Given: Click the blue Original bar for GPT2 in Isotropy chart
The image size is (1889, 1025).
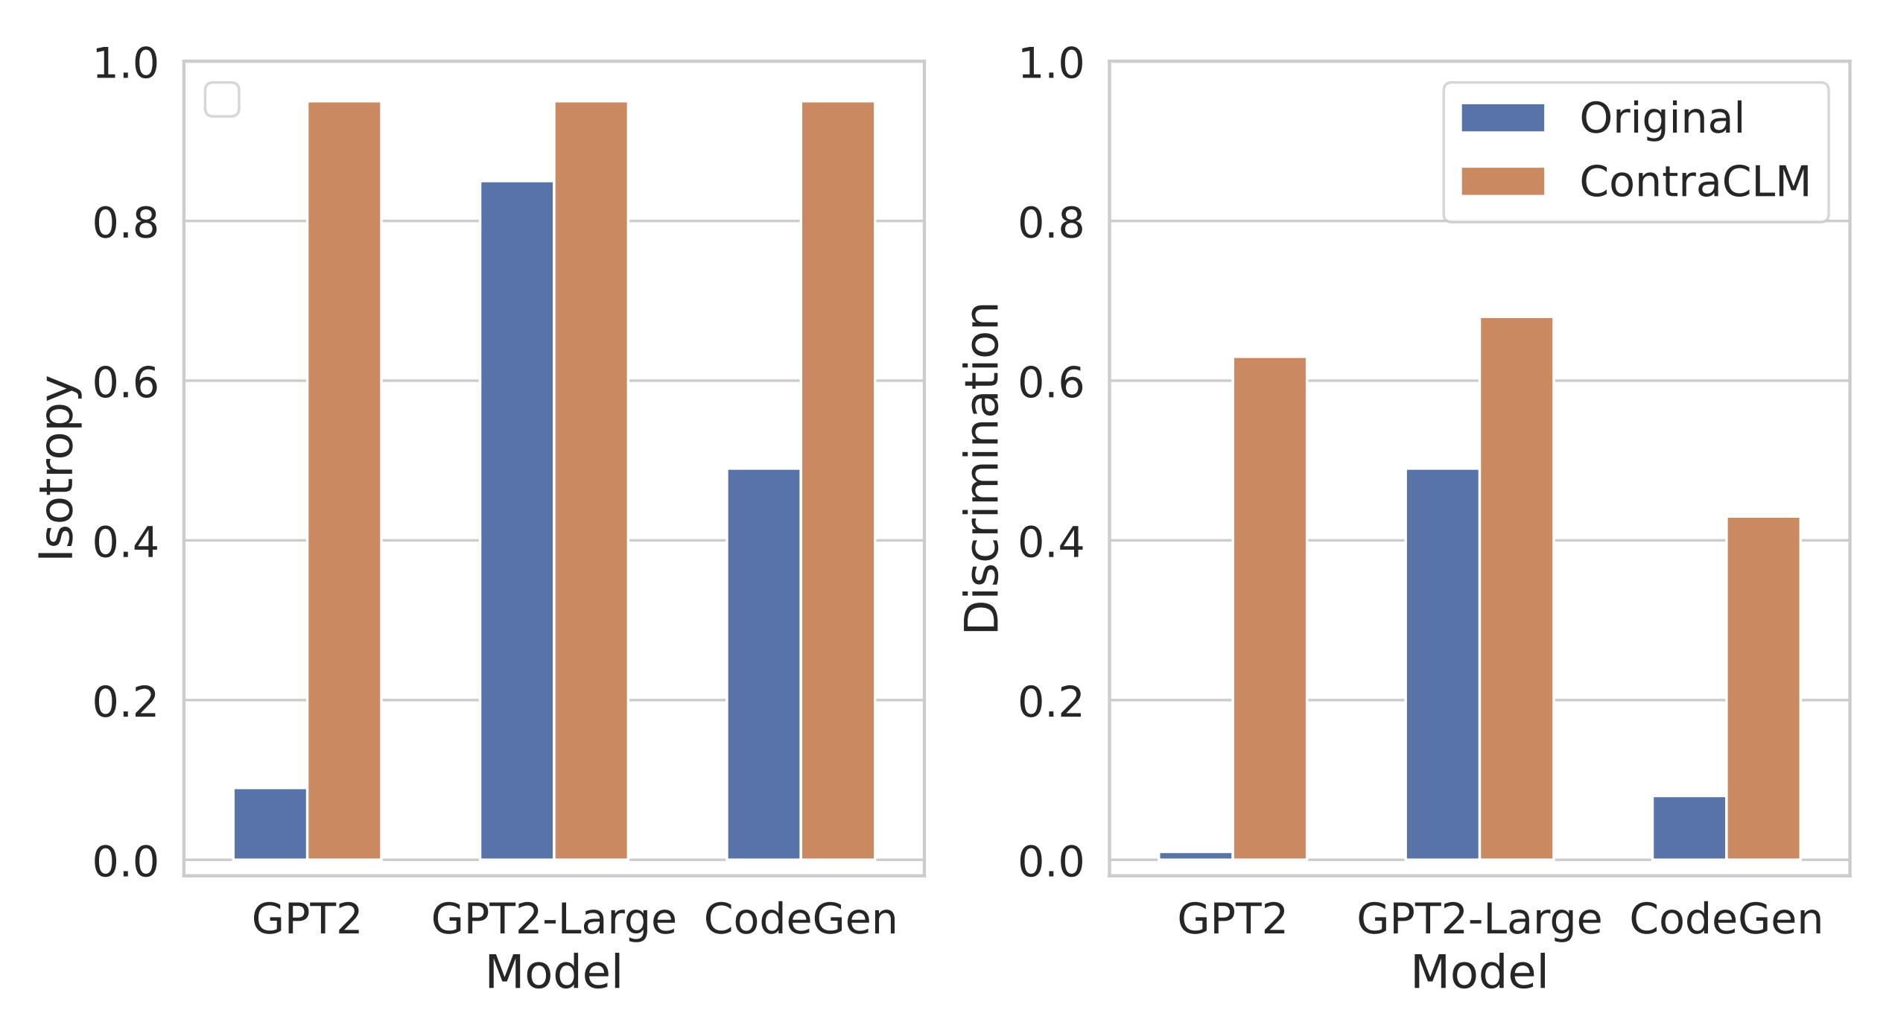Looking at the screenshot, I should (x=270, y=824).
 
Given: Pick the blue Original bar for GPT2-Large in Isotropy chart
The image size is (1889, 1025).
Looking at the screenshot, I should (x=517, y=521).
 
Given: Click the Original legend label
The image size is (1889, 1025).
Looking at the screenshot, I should (x=1662, y=118).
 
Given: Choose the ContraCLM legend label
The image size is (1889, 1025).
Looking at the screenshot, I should (x=1695, y=181).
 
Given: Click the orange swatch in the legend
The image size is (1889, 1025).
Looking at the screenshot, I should (x=1502, y=181).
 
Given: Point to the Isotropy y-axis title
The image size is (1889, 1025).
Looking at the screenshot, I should (x=57, y=467).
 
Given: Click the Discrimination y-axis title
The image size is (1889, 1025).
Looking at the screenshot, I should (x=982, y=467).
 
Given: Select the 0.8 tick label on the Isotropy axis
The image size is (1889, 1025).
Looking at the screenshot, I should (x=125, y=223).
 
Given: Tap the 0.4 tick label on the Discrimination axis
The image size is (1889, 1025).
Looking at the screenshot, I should (x=1050, y=542).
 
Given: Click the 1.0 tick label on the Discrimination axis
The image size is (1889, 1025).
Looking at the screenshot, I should (x=1050, y=63).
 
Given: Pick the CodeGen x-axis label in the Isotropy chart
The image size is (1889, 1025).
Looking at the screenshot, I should (x=800, y=918).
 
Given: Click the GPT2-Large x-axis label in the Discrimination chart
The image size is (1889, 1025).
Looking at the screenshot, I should (x=1479, y=918).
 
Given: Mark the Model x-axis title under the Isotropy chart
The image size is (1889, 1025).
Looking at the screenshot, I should (x=553, y=972).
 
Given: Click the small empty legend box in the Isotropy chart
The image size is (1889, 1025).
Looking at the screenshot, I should (x=222, y=99).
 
